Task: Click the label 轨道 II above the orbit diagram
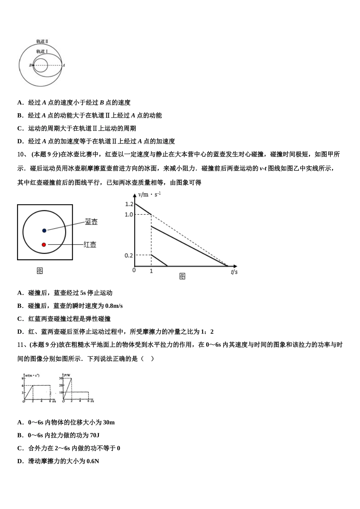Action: point(42,41)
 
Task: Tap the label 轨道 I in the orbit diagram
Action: point(42,51)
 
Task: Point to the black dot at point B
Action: point(33,65)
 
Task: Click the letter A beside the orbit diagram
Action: point(64,65)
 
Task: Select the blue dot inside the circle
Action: point(44,230)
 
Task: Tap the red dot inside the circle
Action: point(44,245)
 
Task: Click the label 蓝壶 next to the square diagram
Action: point(91,222)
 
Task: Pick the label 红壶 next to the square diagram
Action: point(90,245)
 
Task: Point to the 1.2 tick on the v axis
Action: point(129,204)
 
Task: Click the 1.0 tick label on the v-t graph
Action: point(129,214)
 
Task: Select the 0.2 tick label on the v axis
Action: point(129,255)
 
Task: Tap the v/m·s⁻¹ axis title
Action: point(149,194)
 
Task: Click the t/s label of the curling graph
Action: point(234,272)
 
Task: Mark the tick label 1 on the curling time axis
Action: point(151,271)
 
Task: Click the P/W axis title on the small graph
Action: point(67,375)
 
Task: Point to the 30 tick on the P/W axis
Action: point(60,378)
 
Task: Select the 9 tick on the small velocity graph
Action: point(23,378)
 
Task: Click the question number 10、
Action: point(22,154)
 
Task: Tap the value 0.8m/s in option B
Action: point(114,306)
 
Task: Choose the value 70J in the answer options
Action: point(95,435)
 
